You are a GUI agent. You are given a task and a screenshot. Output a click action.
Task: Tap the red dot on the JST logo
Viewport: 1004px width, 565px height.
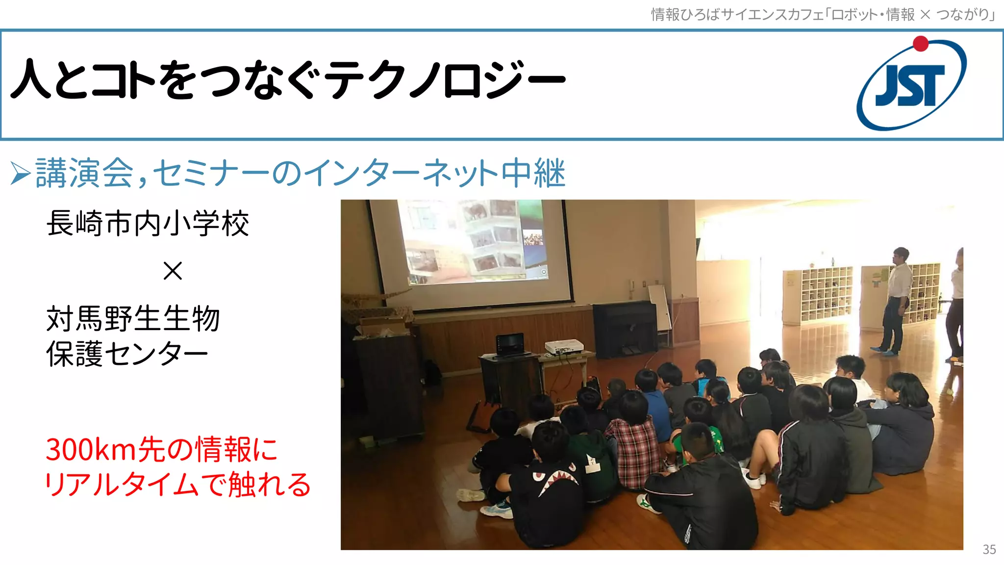click(x=921, y=44)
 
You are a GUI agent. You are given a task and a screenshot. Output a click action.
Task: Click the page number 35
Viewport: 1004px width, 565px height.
click(x=989, y=549)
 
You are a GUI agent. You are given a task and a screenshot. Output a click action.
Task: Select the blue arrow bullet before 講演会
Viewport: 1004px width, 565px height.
click(x=21, y=174)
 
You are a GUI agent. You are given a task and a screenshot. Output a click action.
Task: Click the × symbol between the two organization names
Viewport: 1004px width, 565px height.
click(x=173, y=271)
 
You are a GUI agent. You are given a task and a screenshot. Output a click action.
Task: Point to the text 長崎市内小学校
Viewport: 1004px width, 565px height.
click(x=148, y=224)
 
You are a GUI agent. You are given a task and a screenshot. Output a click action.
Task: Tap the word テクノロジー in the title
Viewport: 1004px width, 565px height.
click(x=446, y=79)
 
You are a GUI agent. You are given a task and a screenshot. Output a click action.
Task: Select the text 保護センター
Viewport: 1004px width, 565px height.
click(x=127, y=354)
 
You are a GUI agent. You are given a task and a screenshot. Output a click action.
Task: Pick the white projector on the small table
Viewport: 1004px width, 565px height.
click(x=564, y=347)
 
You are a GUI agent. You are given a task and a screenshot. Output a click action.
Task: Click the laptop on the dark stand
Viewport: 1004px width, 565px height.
click(x=511, y=344)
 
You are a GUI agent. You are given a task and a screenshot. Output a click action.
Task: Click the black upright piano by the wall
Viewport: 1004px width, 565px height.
click(x=625, y=328)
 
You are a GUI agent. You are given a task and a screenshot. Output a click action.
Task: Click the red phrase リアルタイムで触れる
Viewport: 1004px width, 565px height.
click(x=177, y=485)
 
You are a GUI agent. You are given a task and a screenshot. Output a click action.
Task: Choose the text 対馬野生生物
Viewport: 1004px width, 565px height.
click(x=133, y=319)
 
